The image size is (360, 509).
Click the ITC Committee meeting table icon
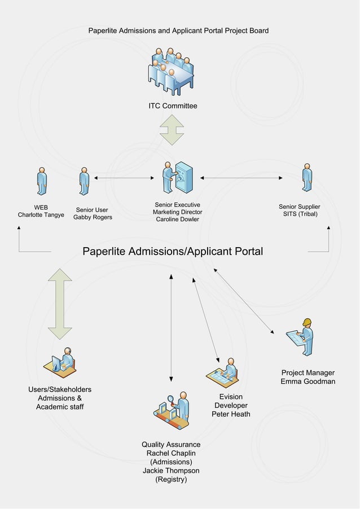[x=172, y=72]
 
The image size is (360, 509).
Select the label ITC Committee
[x=173, y=106]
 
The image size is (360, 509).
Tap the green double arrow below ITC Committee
[x=172, y=130]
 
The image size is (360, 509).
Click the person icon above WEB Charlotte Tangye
[x=41, y=181]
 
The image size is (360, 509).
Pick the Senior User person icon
[x=84, y=181]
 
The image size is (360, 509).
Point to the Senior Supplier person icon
[x=307, y=178]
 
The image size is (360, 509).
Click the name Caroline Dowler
[x=177, y=220]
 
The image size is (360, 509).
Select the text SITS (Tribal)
[x=300, y=214]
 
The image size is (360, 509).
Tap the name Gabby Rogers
[x=93, y=217]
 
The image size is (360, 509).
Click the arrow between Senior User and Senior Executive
[x=124, y=178]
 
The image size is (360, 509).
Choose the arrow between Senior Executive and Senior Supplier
[x=242, y=178]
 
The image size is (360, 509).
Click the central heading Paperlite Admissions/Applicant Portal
[x=173, y=251]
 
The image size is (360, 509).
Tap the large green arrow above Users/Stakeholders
[x=60, y=304]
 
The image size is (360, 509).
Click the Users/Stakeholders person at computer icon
[x=60, y=362]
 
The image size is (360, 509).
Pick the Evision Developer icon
[x=225, y=374]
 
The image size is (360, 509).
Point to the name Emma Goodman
[x=308, y=381]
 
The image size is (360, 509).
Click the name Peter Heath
[x=231, y=414]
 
